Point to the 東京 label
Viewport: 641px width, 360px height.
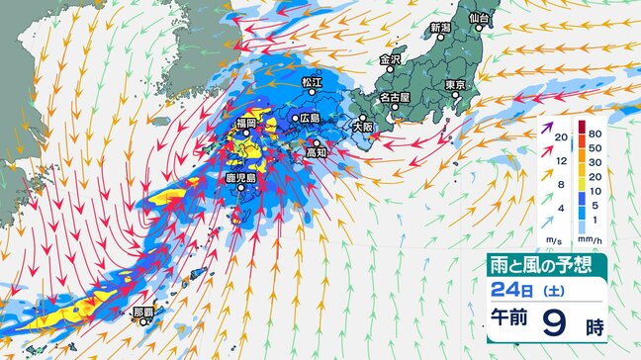click(x=456, y=86)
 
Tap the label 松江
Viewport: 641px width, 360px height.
click(x=312, y=82)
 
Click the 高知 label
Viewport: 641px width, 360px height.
click(x=316, y=153)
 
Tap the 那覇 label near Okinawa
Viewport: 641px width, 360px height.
click(x=143, y=312)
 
